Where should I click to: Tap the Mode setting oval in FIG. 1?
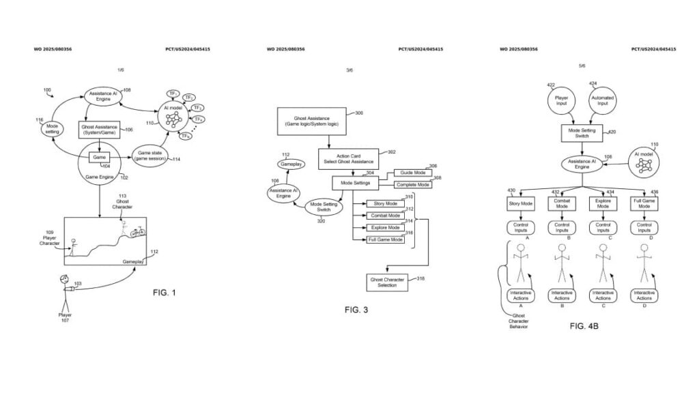point(52,129)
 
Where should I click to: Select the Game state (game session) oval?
point(151,155)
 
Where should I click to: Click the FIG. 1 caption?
point(165,293)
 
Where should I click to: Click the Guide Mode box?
point(413,173)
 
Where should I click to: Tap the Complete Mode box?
point(413,184)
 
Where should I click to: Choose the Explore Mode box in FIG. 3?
point(386,228)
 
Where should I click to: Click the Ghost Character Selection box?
point(387,282)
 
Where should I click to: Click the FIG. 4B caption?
point(584,327)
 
